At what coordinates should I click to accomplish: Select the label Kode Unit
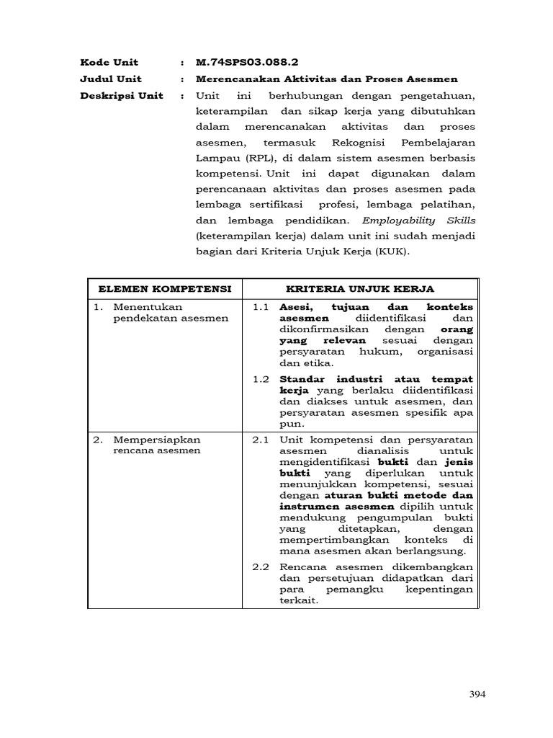pyautogui.click(x=109, y=62)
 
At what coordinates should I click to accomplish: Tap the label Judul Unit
pyautogui.click(x=111, y=79)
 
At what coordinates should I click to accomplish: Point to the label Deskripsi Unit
pyautogui.click(x=122, y=95)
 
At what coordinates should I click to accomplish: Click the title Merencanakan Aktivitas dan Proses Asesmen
pyautogui.click(x=326, y=79)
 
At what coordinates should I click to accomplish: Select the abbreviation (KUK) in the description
pyautogui.click(x=392, y=252)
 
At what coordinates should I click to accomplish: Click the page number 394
pyautogui.click(x=477, y=694)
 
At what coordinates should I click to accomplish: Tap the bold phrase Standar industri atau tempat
pyautogui.click(x=376, y=379)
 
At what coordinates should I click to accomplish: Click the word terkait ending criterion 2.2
pyautogui.click(x=297, y=601)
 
